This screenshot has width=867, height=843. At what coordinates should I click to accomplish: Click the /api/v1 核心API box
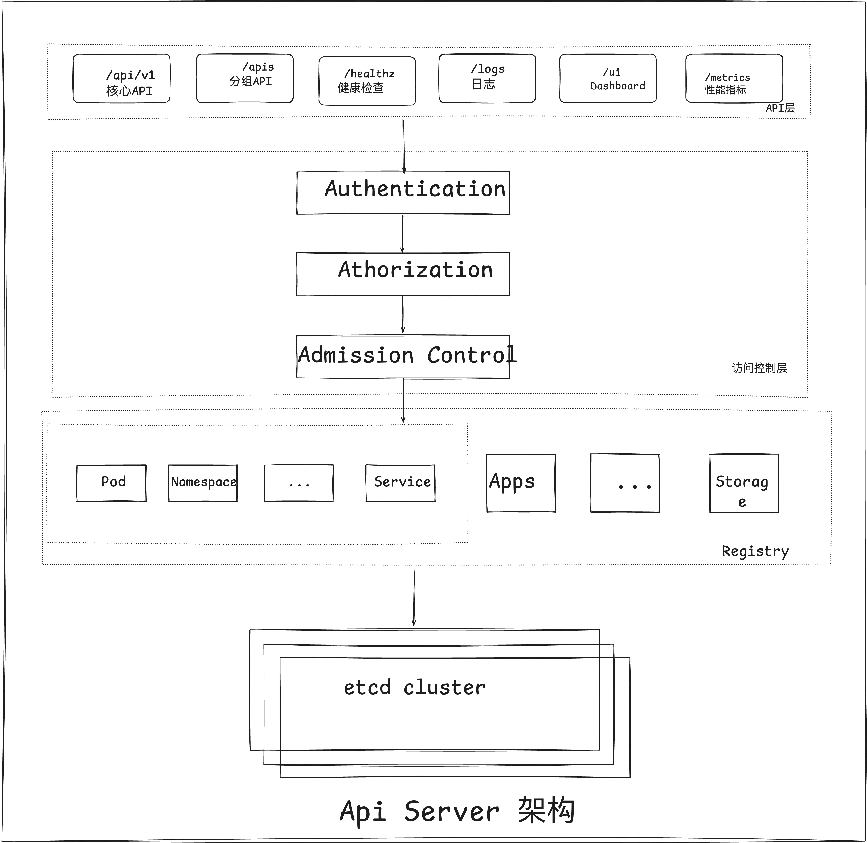(121, 78)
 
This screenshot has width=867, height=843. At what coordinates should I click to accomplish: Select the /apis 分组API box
(245, 78)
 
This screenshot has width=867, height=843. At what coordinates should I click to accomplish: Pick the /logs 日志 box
(487, 78)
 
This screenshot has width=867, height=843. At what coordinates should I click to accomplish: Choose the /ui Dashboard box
(608, 78)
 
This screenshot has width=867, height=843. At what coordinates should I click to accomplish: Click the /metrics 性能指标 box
(734, 78)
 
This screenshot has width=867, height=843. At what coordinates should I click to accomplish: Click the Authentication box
(403, 193)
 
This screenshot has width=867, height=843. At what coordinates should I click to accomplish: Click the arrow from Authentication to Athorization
(402, 234)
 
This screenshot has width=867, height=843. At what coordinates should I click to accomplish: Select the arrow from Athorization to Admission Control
(403, 314)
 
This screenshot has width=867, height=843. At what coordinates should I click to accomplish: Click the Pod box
(112, 483)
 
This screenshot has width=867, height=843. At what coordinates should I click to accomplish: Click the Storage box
(744, 483)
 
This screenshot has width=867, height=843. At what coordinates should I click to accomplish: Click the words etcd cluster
(415, 688)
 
